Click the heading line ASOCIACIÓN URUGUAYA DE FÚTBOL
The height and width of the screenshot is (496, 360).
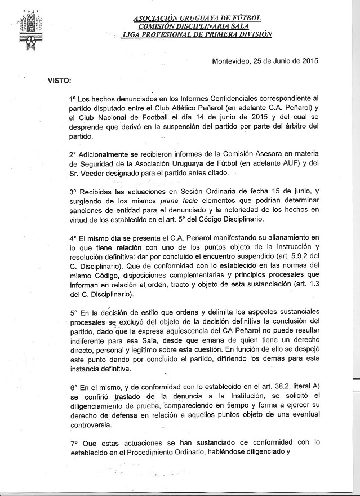tap(197, 18)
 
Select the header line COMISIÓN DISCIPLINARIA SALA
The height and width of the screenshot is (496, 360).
tap(196, 26)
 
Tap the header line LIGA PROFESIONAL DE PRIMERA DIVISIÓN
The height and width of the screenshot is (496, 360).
tap(197, 34)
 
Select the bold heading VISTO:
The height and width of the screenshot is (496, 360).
tap(59, 80)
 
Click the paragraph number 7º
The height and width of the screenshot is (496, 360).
tap(74, 444)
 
